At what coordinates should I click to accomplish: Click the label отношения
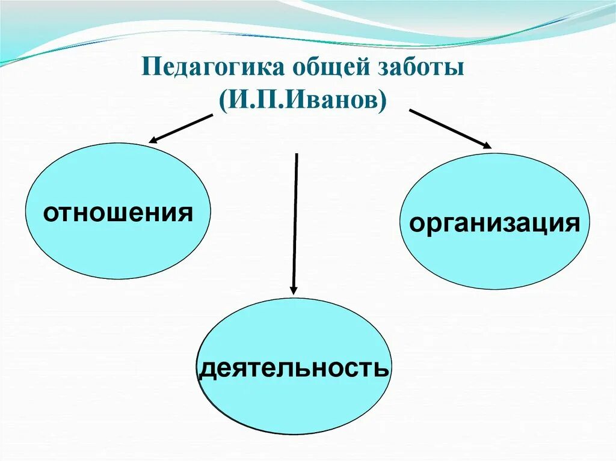(118, 213)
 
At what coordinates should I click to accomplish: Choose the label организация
(494, 224)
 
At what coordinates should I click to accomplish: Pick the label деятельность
(294, 367)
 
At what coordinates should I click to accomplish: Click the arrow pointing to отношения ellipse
(180, 128)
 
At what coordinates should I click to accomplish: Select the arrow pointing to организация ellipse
(450, 129)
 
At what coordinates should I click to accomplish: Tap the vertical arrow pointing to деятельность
(295, 222)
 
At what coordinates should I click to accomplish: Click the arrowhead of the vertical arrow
(294, 289)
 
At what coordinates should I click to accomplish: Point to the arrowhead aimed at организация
(486, 144)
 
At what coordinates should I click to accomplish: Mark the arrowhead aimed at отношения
(154, 141)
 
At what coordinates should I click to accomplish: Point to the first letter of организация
(416, 225)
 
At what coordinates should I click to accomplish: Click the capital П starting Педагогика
(149, 67)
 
